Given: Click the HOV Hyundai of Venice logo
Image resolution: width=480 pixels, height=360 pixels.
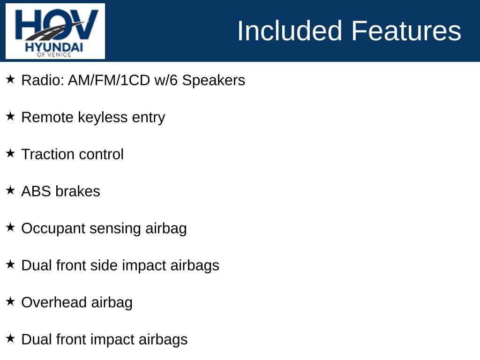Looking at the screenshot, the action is pos(55,31).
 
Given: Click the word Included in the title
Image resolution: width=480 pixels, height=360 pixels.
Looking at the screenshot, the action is pos(289,30).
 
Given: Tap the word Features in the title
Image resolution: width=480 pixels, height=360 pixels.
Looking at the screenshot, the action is pos(406,30).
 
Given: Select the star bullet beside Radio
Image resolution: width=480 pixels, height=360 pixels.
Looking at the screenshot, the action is pos(10,79).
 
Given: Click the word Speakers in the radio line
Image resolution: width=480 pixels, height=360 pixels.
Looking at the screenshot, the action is pos(213,80).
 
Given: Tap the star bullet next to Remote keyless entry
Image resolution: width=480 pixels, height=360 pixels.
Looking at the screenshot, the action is pos(10,116).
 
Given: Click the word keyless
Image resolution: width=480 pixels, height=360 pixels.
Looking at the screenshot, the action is pos(103,117).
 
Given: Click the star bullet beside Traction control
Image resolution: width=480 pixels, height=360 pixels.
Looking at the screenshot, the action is pos(10,153).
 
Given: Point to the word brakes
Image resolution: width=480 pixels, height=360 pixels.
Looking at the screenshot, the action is pos(78,191).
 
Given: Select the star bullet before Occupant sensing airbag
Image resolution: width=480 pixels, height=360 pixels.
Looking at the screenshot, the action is pos(10,227).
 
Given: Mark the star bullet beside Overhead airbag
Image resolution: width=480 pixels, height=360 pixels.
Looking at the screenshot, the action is pos(10,301).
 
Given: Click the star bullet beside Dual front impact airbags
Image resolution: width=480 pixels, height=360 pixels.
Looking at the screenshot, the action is pos(10,338).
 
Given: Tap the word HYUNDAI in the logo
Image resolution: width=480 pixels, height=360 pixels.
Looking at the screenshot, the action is pos(54,47).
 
